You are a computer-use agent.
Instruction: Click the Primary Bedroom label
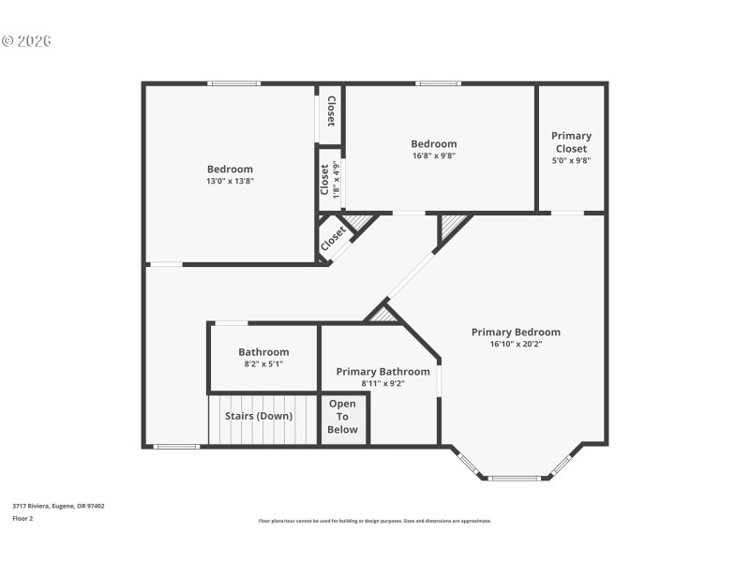[516, 332]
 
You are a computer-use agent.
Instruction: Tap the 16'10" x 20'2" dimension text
[516, 344]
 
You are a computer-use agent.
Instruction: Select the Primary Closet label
[571, 142]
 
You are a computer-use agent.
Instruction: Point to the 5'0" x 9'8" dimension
[571, 160]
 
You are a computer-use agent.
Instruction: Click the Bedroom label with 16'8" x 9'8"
[433, 143]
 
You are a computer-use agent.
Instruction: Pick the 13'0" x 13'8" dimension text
[230, 181]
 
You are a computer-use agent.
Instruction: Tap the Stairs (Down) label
[259, 415]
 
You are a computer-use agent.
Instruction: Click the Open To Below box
[342, 417]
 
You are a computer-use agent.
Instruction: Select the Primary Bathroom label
[382, 371]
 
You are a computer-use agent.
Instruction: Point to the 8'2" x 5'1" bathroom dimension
[263, 364]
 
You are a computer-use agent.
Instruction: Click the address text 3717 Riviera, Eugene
[58, 506]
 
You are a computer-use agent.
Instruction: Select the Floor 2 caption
[22, 517]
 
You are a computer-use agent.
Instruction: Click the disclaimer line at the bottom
[374, 521]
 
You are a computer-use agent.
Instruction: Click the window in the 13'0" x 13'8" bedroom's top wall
[233, 83]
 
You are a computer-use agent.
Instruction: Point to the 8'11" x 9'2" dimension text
[382, 383]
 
